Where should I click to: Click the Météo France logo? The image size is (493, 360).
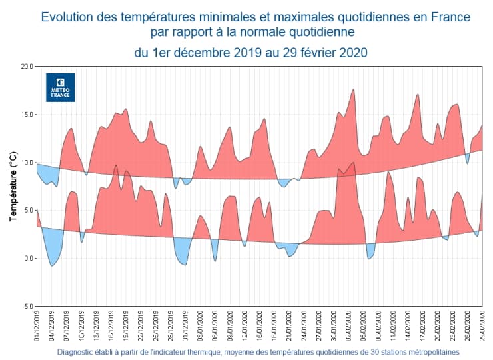61,87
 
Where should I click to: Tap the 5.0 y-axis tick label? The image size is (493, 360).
27,211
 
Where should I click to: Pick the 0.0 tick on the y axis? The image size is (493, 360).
27,259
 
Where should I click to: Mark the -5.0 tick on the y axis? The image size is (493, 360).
27,307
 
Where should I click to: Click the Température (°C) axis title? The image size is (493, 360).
13,187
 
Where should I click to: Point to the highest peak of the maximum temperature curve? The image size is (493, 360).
353,89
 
